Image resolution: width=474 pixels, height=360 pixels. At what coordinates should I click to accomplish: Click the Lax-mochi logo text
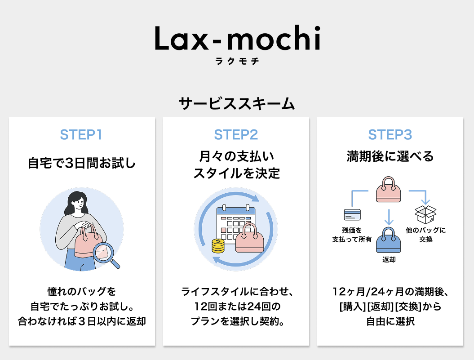coord(237,39)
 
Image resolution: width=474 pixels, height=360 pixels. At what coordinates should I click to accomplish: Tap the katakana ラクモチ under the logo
coord(237,62)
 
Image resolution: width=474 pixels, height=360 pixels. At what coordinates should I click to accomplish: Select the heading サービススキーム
coord(237,104)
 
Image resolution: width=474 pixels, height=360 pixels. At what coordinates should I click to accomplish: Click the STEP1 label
coord(81,135)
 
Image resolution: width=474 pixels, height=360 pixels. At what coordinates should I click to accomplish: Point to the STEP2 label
coord(236,135)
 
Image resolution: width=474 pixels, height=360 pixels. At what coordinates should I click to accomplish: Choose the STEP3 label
coord(390,135)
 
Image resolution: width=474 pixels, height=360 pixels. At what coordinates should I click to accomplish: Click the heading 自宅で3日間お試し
coord(82,163)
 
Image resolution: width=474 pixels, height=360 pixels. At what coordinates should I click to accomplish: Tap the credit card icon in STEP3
coord(352,214)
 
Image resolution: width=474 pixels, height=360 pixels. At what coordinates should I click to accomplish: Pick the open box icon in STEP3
coord(425,214)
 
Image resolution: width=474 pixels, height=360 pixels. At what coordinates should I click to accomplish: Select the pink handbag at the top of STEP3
coord(389,190)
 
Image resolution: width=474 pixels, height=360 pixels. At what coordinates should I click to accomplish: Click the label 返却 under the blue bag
coord(389,260)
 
